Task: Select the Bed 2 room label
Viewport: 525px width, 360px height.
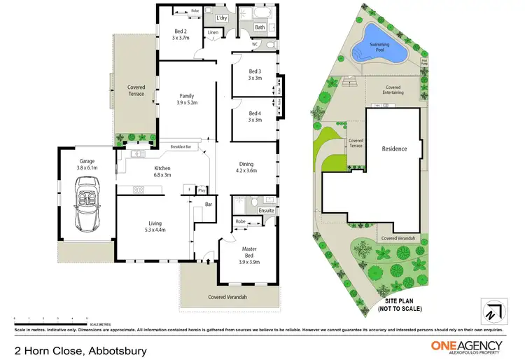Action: [180, 32]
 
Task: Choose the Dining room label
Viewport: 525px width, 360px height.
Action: [246, 162]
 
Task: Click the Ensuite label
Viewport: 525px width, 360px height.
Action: [266, 209]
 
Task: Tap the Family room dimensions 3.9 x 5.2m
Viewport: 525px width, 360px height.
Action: [186, 103]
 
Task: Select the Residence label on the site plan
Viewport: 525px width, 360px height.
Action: [394, 148]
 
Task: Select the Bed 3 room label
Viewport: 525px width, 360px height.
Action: [255, 71]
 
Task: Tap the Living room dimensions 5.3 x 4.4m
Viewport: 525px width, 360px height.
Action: [155, 230]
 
